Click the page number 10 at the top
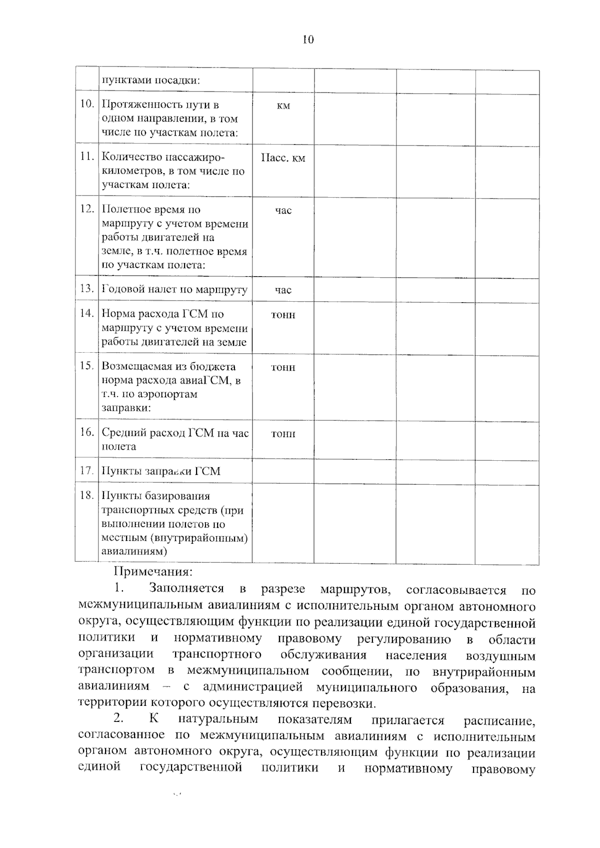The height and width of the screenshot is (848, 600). [x=307, y=40]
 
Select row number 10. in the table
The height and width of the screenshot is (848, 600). [x=87, y=104]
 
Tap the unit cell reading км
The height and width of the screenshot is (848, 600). [x=283, y=106]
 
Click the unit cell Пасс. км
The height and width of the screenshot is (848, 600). [x=283, y=158]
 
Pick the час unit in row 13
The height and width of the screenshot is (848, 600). [x=283, y=290]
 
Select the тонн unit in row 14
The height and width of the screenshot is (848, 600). [x=283, y=315]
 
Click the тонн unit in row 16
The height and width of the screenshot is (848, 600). [x=283, y=434]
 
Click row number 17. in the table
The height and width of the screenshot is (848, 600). [x=87, y=470]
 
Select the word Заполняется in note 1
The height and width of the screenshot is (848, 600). [x=186, y=589]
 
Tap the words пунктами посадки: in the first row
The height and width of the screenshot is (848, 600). [x=150, y=81]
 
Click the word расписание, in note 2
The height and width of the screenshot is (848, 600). [x=499, y=721]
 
